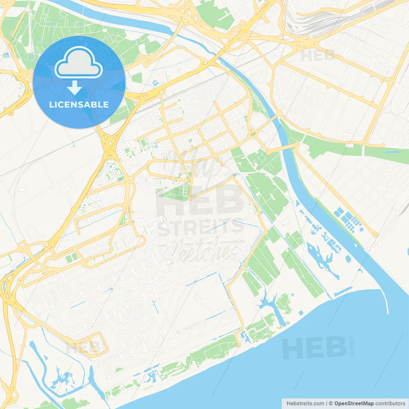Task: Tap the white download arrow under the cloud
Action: [74, 88]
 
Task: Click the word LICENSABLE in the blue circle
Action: [79, 105]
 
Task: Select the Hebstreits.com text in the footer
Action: [305, 404]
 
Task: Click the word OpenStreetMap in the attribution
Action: [354, 404]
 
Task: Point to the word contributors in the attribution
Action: [390, 404]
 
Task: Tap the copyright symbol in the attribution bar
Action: [331, 404]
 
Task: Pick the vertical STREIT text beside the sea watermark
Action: [352, 345]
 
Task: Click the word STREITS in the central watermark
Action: [200, 228]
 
